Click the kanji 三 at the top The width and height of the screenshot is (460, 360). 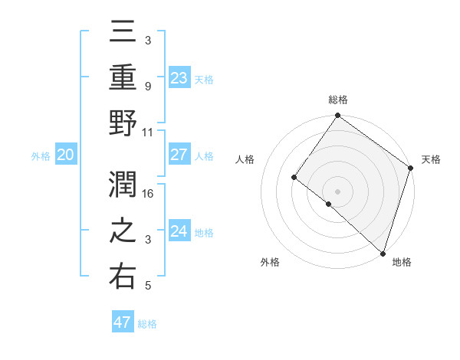click(123, 32)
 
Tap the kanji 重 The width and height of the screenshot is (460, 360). click(123, 77)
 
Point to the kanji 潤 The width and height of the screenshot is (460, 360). click(123, 185)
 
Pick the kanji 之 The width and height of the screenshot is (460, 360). click(123, 231)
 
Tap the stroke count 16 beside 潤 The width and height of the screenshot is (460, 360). click(149, 193)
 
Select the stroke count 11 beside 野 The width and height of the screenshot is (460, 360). click(148, 132)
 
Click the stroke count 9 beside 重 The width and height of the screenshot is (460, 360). click(148, 86)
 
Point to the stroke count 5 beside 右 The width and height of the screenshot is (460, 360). click(148, 286)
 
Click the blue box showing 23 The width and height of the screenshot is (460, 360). click(179, 77)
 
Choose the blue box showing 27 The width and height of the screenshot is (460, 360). click(179, 155)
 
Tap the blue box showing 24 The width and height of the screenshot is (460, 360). click(179, 231)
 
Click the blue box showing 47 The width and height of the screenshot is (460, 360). click(122, 322)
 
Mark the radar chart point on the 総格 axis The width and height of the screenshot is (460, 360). click(337, 116)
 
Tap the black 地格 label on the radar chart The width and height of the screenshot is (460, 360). click(402, 262)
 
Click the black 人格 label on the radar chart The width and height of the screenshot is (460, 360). click(245, 159)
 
